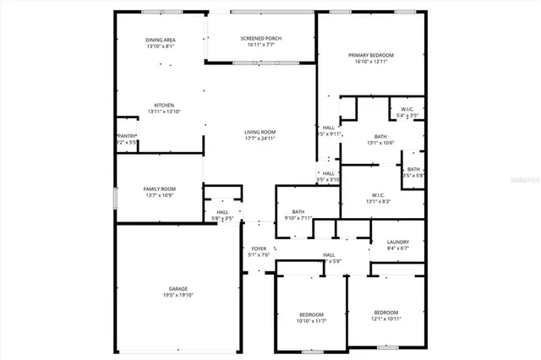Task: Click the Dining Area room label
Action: click(x=160, y=40)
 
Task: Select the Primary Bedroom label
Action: click(x=371, y=55)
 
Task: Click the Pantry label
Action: click(x=127, y=136)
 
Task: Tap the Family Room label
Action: click(x=159, y=189)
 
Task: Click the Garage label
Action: click(x=178, y=288)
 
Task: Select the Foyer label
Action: click(x=259, y=248)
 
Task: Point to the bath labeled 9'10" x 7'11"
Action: click(x=298, y=212)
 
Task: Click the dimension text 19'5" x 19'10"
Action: click(x=178, y=295)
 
